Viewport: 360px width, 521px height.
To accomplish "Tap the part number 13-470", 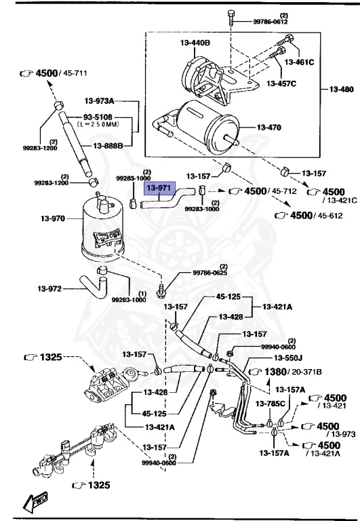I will (270, 126).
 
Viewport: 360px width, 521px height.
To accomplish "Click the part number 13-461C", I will (299, 62).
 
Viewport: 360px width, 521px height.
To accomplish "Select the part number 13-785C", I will (270, 404).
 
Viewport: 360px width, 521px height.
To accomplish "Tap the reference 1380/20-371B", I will (287, 371).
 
